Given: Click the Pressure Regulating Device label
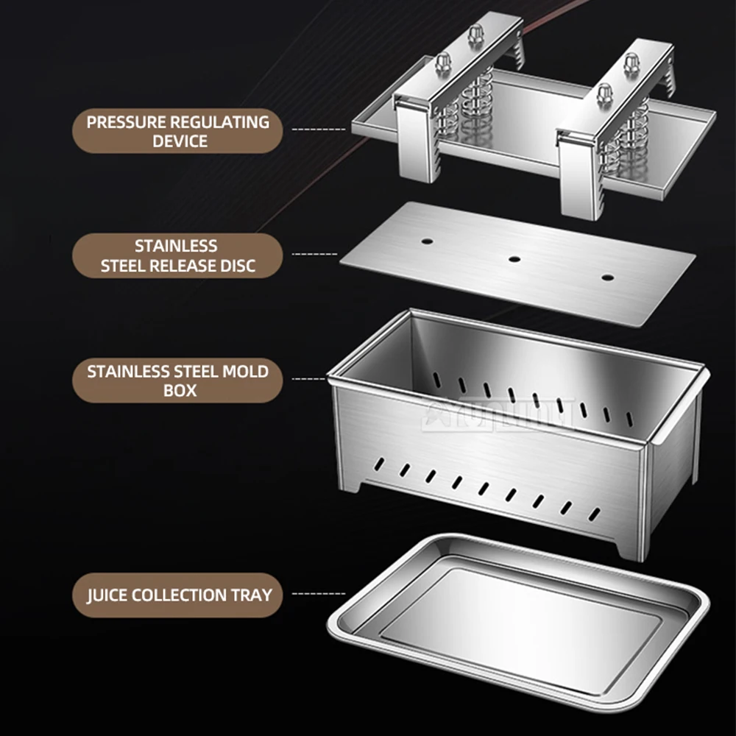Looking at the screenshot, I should tap(177, 131).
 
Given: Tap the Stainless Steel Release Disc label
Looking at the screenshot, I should tap(177, 255).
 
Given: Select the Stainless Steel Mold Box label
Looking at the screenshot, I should tap(177, 381).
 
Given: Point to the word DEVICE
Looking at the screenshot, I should tap(179, 141).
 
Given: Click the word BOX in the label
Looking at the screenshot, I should tap(179, 390).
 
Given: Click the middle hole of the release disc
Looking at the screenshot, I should tap(514, 259).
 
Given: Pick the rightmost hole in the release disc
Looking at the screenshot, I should tap(607, 277).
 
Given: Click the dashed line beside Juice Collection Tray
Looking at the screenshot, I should tap(319, 593).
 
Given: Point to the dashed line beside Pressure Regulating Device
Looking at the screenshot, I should tap(318, 130).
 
